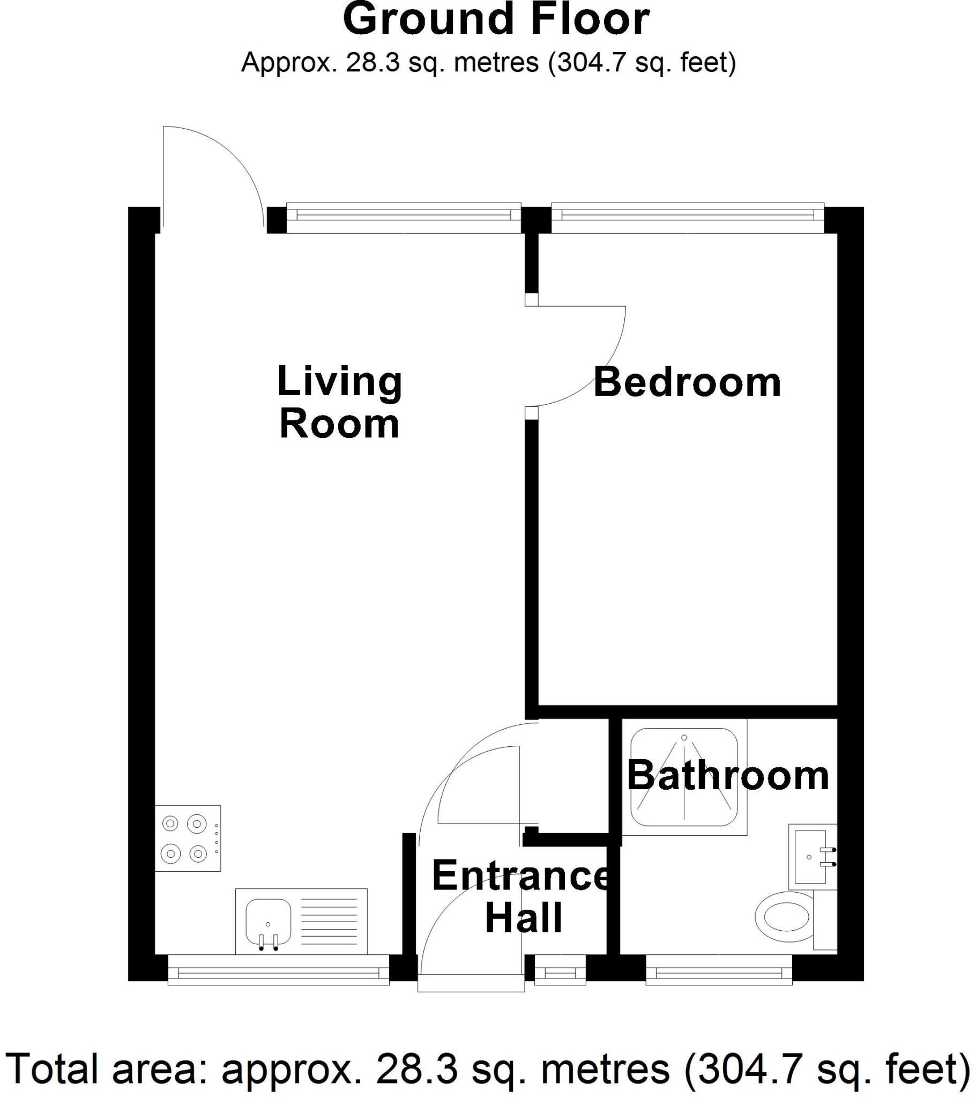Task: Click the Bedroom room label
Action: (x=687, y=383)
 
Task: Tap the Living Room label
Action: (x=339, y=402)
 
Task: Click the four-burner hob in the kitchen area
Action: (x=188, y=839)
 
